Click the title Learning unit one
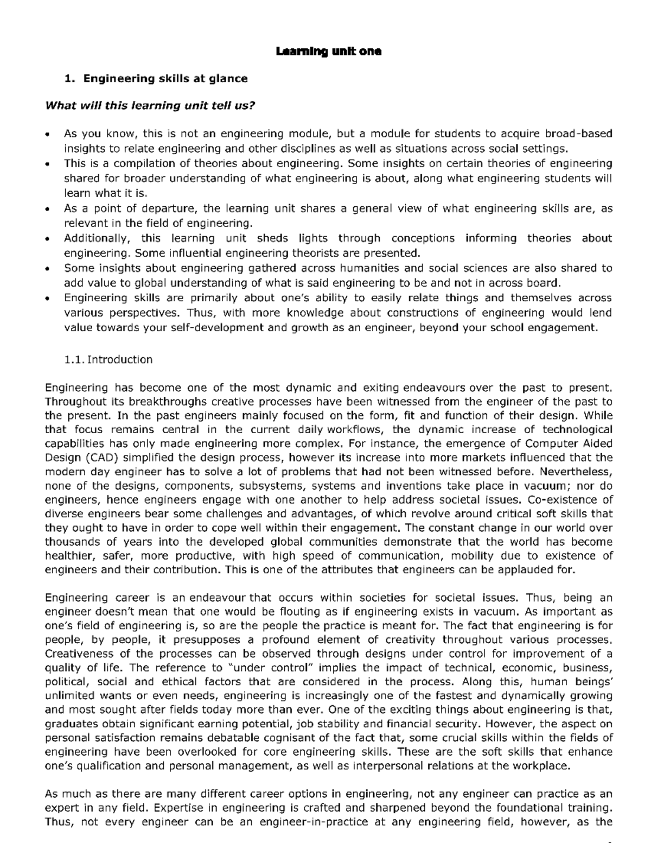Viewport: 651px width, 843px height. tap(328, 52)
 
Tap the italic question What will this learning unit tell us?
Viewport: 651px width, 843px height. tap(150, 105)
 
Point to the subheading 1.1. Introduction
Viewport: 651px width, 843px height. tap(108, 359)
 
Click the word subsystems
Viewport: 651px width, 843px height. tap(272, 486)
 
